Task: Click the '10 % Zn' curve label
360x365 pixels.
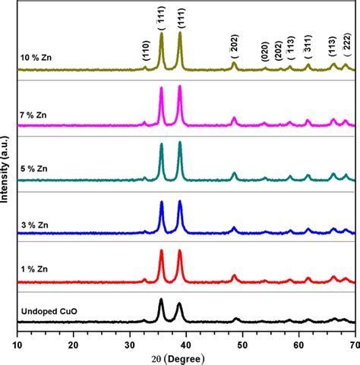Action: pyautogui.click(x=35, y=55)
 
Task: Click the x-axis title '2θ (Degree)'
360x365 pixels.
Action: pyautogui.click(x=186, y=357)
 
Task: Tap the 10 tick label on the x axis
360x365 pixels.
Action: pyautogui.click(x=17, y=342)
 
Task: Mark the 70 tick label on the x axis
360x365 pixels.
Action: pyautogui.click(x=353, y=342)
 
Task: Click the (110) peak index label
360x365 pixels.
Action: pyautogui.click(x=145, y=52)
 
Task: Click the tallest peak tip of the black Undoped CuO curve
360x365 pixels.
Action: pyautogui.click(x=161, y=300)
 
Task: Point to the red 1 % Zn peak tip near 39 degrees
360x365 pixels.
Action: pyautogui.click(x=180, y=251)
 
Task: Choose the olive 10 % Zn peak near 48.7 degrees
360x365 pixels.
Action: pyautogui.click(x=234, y=64)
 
